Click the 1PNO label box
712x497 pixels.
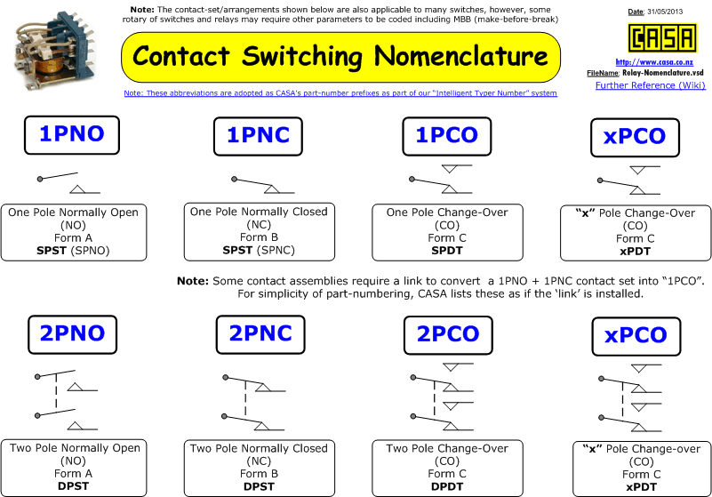(72, 135)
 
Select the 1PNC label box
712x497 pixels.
(258, 136)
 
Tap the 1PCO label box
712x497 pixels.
(447, 136)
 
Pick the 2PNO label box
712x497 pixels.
(72, 335)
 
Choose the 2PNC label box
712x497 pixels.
(260, 335)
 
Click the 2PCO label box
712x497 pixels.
(448, 335)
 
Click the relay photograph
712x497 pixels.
(54, 50)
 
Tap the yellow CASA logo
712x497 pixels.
(662, 38)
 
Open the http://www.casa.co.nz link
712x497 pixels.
(654, 62)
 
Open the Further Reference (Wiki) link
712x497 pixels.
(651, 85)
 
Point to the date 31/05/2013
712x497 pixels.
(665, 12)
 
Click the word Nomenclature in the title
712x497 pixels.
(461, 56)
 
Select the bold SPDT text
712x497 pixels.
(447, 251)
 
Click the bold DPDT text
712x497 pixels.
(447, 486)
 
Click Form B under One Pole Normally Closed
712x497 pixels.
(259, 237)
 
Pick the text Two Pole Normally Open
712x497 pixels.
(75, 448)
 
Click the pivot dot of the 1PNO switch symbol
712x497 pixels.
(40, 179)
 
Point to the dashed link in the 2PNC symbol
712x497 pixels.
(245, 398)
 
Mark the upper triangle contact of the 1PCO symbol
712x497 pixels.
(450, 169)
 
